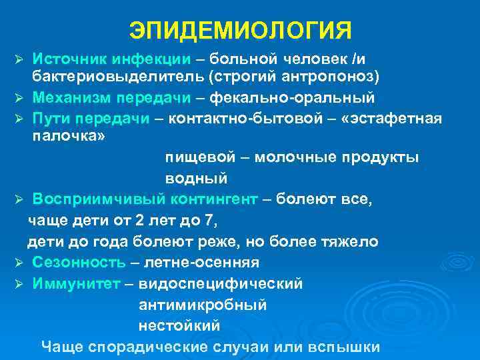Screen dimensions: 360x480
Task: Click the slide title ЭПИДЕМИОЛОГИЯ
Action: tap(239, 30)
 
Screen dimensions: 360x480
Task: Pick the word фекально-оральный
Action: tap(293, 98)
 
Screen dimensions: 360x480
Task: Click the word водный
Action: tap(197, 178)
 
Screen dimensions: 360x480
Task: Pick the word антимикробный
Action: tap(203, 305)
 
